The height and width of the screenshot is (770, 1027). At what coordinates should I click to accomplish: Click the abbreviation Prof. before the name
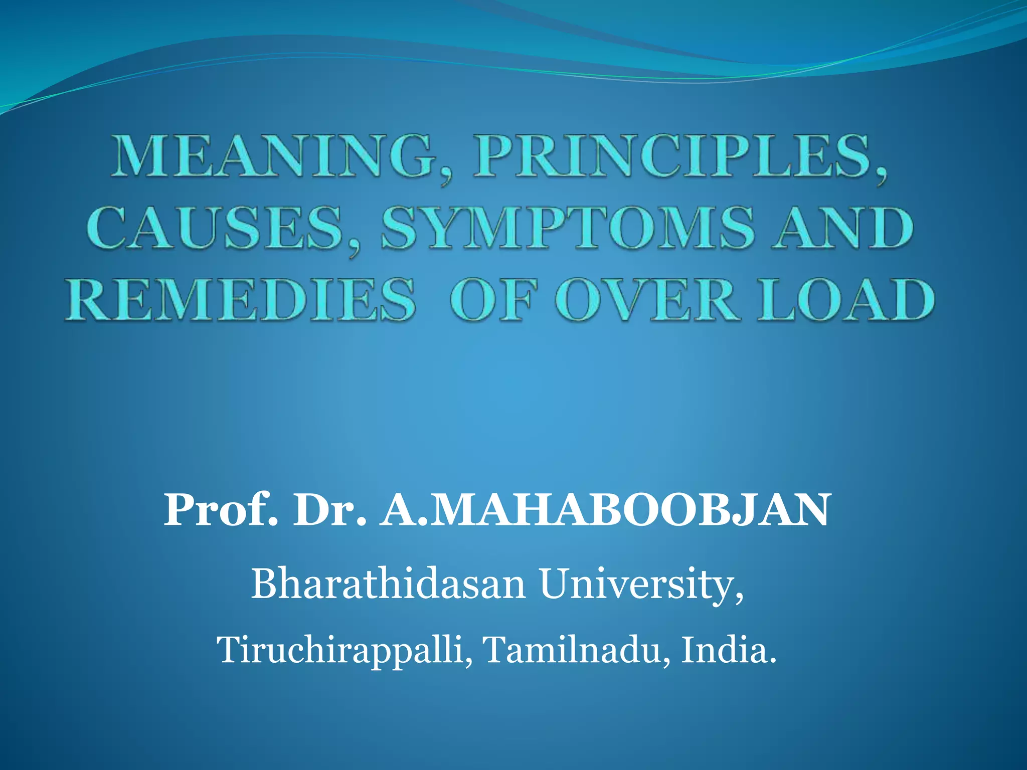pos(221,510)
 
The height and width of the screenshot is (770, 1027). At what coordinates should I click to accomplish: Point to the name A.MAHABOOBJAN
pos(604,510)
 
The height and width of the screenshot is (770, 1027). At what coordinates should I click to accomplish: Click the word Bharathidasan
pos(388,584)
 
